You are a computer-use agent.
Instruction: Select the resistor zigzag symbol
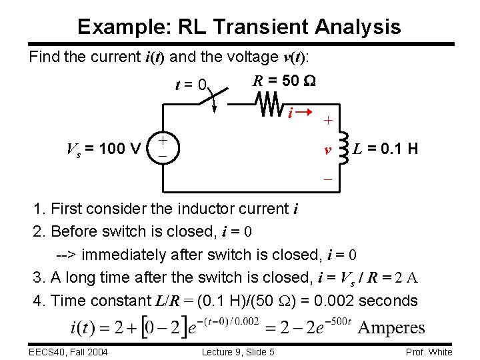point(270,104)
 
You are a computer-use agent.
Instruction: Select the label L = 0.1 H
point(387,148)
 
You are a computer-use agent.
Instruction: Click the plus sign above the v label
point(328,121)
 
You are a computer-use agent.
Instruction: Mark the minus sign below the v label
point(328,179)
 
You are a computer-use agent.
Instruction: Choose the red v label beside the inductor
point(328,149)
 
